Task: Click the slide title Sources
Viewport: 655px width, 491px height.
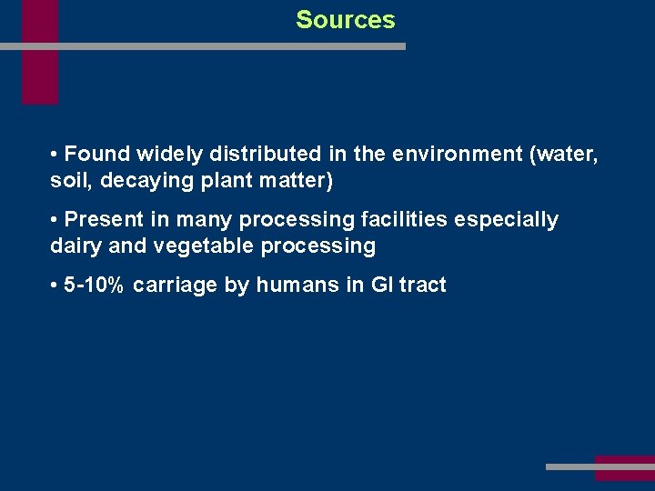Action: [346, 20]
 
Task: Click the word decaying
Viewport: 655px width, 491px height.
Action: [141, 181]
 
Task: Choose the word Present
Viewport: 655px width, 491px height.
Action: [104, 220]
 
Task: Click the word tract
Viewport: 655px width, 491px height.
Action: [423, 286]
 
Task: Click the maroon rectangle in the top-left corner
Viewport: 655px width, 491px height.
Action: [40, 52]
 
